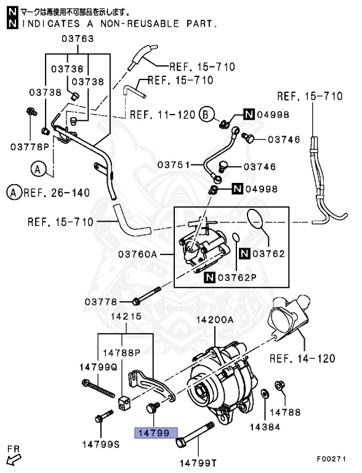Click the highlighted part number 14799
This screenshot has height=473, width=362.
click(x=156, y=433)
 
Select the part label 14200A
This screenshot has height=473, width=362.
click(x=215, y=320)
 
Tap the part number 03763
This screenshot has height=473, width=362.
click(x=78, y=39)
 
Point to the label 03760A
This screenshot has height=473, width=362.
click(x=137, y=254)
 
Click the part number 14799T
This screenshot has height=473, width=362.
click(x=198, y=463)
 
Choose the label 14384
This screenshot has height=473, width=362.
click(x=265, y=427)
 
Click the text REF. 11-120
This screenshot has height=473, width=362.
click(x=163, y=115)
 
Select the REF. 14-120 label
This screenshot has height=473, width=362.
click(x=302, y=358)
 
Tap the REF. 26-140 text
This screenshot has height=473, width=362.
click(x=57, y=193)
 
